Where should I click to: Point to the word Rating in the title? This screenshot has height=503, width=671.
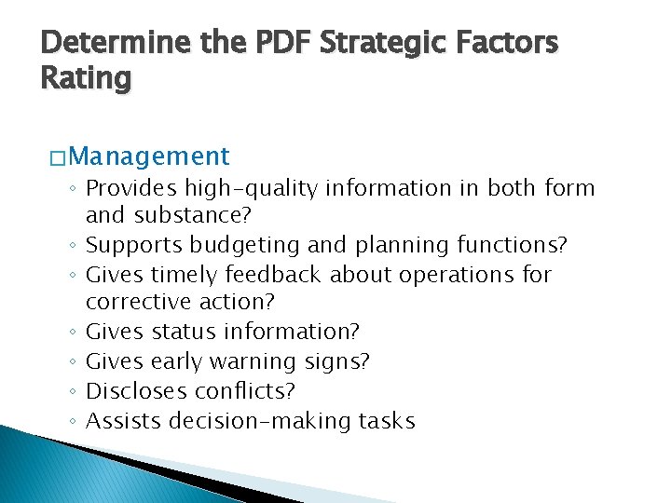(86, 78)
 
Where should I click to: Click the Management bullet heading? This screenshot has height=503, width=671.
(148, 156)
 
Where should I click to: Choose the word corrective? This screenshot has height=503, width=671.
(136, 303)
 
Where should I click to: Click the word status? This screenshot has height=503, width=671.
(182, 332)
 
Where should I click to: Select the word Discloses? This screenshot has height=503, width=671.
(132, 391)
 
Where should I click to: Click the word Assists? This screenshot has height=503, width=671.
(123, 421)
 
